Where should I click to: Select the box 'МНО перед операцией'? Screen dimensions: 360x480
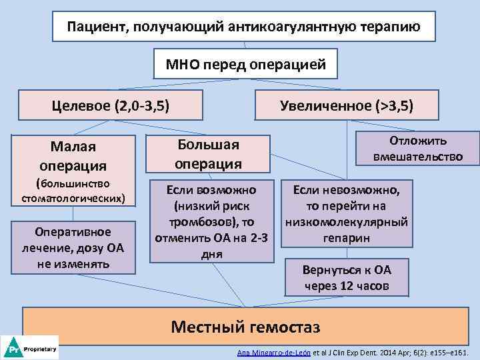(246, 65)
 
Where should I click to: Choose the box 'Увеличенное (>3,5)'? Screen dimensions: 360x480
(347, 105)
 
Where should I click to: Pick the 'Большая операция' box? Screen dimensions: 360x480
(208, 155)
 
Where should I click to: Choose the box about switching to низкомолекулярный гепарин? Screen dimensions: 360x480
(347, 213)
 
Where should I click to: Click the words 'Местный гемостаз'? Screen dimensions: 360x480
(245, 327)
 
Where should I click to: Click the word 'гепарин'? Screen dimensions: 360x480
(347, 238)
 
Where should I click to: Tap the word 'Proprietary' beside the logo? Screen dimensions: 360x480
(40, 348)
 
